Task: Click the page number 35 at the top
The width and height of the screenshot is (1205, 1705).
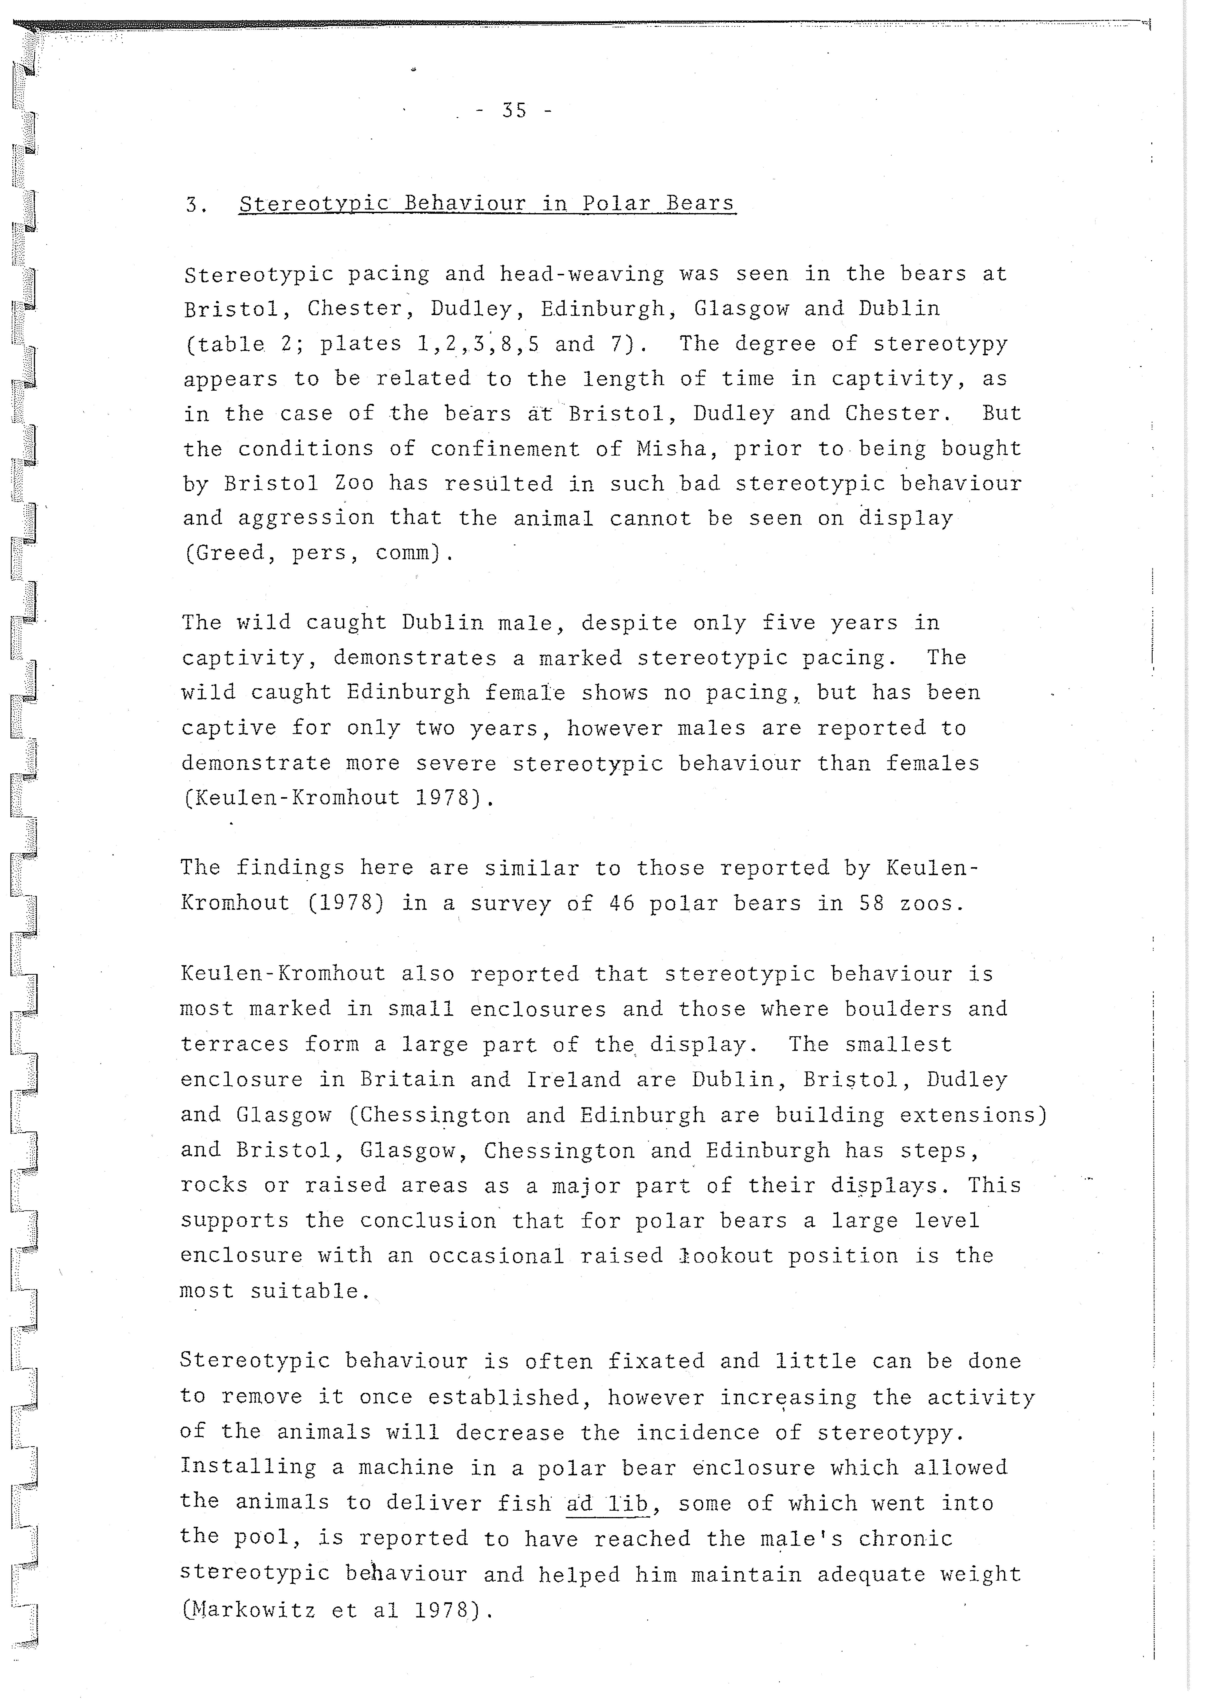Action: click(514, 111)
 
